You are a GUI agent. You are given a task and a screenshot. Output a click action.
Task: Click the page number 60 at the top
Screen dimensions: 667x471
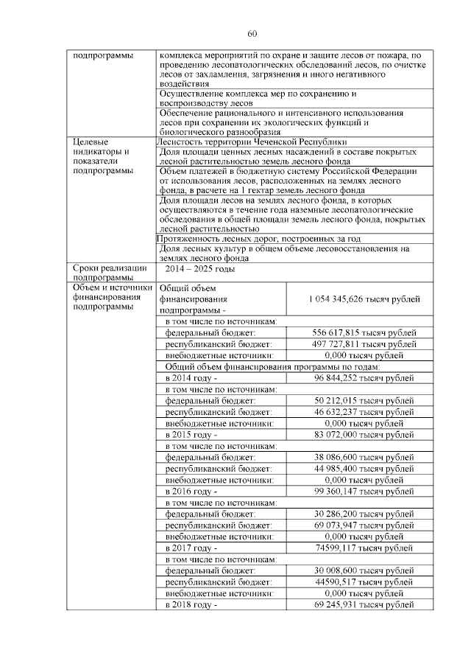(x=251, y=35)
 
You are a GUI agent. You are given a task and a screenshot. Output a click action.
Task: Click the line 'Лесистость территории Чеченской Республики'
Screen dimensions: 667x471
(x=252, y=142)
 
